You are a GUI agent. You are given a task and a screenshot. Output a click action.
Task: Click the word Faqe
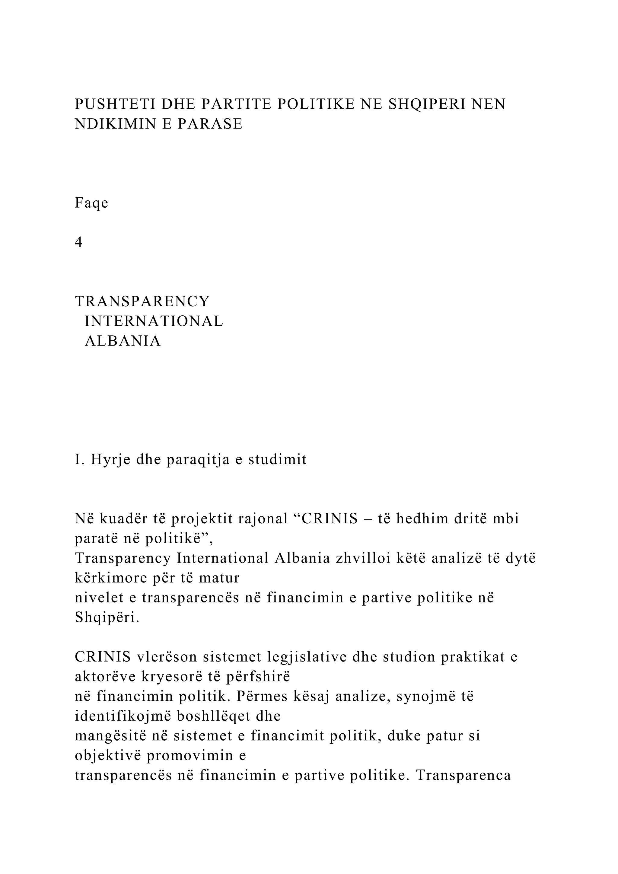(x=91, y=203)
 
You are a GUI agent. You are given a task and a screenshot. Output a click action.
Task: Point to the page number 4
(x=79, y=242)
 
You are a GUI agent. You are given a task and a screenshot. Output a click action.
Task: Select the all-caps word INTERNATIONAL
(x=154, y=321)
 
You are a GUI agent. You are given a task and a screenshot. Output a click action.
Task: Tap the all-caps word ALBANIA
(x=123, y=341)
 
